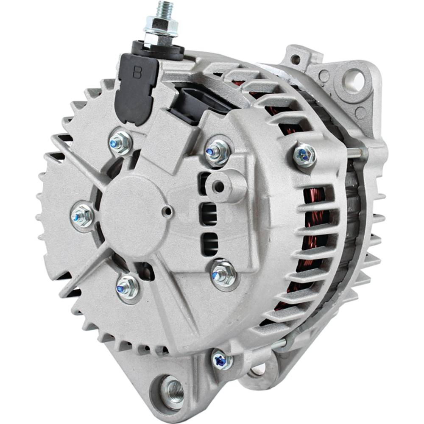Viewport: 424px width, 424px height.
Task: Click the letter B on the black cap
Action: point(137,72)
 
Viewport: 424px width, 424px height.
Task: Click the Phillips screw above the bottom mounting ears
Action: point(221,360)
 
